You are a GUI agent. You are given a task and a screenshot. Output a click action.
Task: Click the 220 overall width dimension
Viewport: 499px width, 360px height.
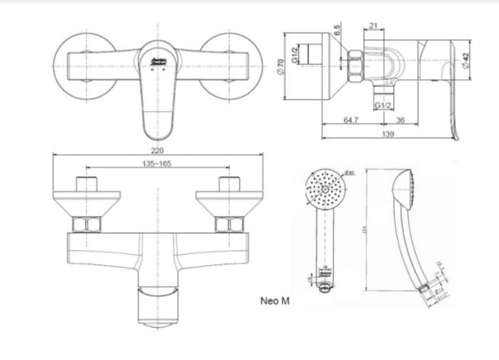tap(157, 150)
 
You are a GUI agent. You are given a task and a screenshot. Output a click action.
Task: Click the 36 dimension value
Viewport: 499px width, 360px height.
tap(400, 121)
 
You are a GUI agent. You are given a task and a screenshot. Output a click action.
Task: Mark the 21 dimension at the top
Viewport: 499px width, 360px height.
tap(374, 26)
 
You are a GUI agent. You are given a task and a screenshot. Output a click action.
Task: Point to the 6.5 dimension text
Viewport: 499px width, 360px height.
tap(338, 32)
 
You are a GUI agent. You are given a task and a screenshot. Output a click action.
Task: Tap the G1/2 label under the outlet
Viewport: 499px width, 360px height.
tap(383, 105)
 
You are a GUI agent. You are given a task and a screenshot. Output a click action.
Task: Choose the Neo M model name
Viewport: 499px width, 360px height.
tap(274, 300)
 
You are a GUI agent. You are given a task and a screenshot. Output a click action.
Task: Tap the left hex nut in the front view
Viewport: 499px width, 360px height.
tap(88, 226)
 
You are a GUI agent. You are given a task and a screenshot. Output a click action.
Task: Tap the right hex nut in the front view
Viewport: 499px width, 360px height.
tap(229, 226)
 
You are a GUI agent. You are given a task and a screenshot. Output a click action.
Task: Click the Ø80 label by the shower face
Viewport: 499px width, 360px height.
tap(350, 173)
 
